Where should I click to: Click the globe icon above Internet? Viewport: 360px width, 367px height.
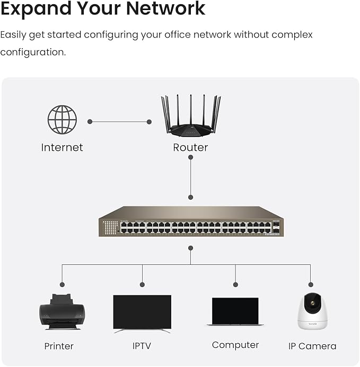click(x=62, y=119)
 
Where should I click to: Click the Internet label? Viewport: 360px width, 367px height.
click(x=62, y=148)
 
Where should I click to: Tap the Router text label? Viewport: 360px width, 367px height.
click(x=190, y=148)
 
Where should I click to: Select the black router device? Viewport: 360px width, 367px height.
click(x=190, y=127)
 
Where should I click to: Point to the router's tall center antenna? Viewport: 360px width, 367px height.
click(x=191, y=109)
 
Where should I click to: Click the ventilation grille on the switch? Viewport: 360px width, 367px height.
click(x=110, y=228)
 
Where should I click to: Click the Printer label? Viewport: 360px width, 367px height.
click(x=59, y=346)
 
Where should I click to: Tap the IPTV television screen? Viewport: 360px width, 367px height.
click(x=142, y=312)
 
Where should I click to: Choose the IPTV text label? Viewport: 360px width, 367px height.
click(x=142, y=346)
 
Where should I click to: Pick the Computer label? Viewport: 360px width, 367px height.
click(x=235, y=345)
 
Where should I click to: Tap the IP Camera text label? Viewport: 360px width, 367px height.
click(x=312, y=346)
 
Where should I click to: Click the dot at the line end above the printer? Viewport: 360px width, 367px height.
click(x=62, y=284)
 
